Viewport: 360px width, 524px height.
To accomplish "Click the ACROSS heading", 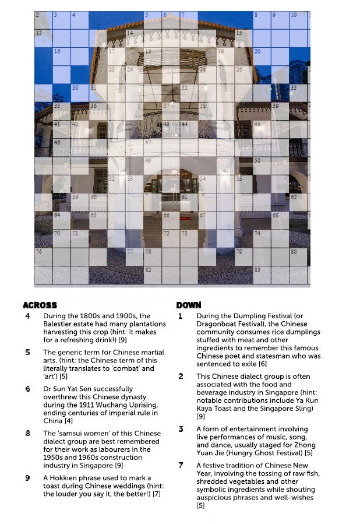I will click(40, 305).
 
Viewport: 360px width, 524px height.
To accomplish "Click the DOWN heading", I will click(189, 305).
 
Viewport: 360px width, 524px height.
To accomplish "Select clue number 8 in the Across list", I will click(27, 433).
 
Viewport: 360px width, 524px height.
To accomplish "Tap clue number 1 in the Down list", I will click(181, 316).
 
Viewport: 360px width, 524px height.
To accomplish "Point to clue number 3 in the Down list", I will click(181, 429).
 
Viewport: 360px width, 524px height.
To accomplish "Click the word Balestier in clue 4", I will click(61, 324).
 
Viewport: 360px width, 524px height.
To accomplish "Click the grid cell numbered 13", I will click(43, 37).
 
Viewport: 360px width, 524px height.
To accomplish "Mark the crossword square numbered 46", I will click(61, 146).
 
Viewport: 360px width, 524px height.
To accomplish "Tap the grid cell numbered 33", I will click(297, 92).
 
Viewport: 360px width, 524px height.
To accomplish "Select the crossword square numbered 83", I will click(260, 274).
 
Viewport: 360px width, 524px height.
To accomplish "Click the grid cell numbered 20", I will click(260, 55).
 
